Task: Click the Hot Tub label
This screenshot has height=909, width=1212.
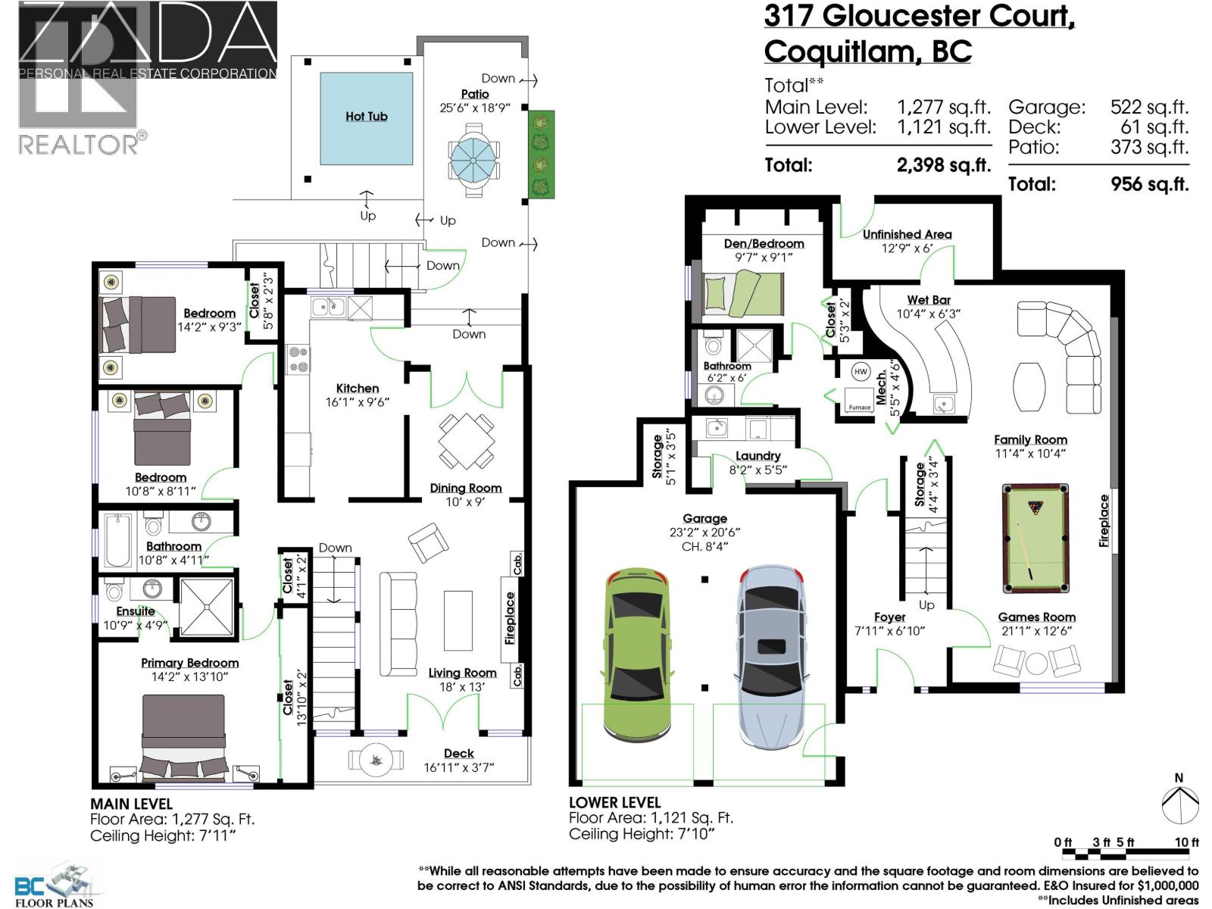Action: [367, 116]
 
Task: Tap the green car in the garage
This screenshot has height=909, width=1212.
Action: [637, 655]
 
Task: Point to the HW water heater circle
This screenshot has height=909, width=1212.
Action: [861, 372]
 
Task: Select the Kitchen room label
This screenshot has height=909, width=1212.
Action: [358, 388]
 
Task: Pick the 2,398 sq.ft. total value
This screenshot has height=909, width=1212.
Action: [943, 165]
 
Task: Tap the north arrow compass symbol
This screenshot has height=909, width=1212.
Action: [1180, 803]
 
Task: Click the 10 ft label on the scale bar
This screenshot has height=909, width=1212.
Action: [1186, 842]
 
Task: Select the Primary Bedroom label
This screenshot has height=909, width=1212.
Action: [189, 663]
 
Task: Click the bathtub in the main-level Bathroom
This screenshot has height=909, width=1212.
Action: [117, 542]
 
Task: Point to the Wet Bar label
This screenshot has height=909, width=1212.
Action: [928, 300]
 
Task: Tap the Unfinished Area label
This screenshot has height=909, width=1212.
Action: [907, 234]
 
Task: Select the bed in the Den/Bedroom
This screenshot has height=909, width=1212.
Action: [742, 294]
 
